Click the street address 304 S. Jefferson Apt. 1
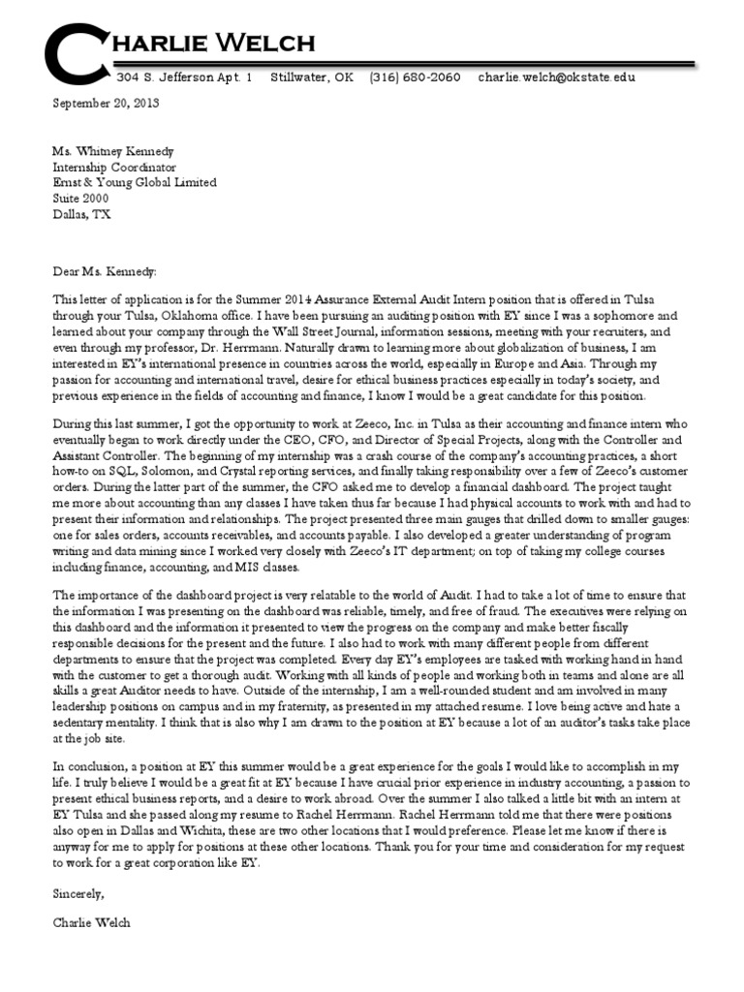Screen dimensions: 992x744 point(184,77)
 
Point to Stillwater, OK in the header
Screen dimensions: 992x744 point(312,77)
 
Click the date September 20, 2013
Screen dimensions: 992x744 point(106,102)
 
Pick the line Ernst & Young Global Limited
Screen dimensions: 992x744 point(134,182)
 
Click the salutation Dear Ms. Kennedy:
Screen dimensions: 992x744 point(104,246)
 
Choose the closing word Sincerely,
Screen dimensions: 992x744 point(78,892)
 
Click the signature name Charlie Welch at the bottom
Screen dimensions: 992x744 point(91,923)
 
